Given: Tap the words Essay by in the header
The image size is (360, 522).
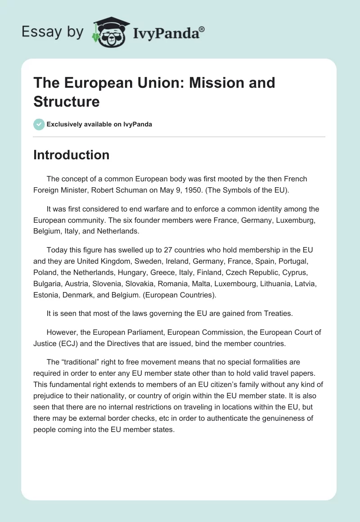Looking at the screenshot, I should click(x=53, y=32).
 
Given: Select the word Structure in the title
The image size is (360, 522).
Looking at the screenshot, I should click(x=67, y=101).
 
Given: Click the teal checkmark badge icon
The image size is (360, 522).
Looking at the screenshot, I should click(x=39, y=124).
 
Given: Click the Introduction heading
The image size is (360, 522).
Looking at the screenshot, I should click(x=72, y=155).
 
